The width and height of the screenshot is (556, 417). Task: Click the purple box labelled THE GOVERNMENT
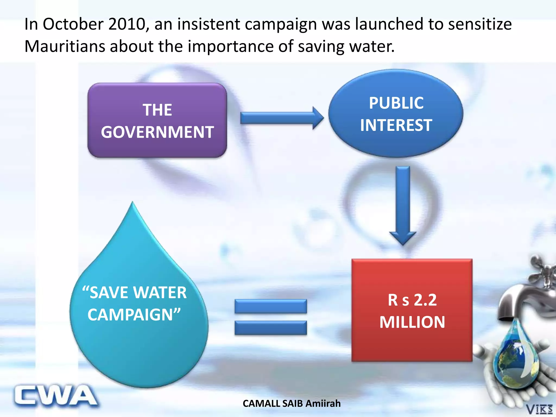[157, 120]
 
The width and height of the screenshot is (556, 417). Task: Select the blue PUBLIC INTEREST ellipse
[396, 113]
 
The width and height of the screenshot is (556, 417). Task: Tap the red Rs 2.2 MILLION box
[412, 310]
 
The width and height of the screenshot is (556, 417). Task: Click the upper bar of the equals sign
[271, 306]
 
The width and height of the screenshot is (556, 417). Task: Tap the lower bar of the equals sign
[271, 328]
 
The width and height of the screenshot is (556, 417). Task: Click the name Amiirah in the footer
[323, 404]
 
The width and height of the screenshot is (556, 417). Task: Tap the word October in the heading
[73, 24]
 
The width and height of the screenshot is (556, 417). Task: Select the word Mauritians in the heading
[65, 46]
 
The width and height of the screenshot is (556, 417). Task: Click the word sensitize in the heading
[480, 24]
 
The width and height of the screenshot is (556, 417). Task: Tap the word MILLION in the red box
[412, 322]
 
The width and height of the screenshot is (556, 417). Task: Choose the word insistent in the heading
[209, 24]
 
